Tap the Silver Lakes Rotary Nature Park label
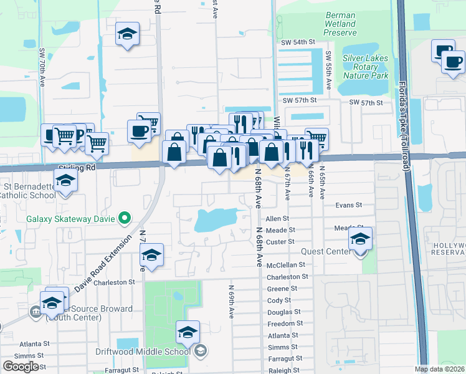pyautogui.click(x=365, y=67)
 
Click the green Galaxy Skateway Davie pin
pyautogui.click(x=125, y=218)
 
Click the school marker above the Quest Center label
pyautogui.click(x=360, y=239)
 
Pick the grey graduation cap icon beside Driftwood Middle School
pyautogui.click(x=201, y=352)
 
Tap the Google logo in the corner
pyautogui.click(x=21, y=367)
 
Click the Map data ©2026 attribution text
pyautogui.click(x=439, y=369)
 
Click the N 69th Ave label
pyautogui.click(x=231, y=302)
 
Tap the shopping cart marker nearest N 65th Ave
pyautogui.click(x=316, y=139)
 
